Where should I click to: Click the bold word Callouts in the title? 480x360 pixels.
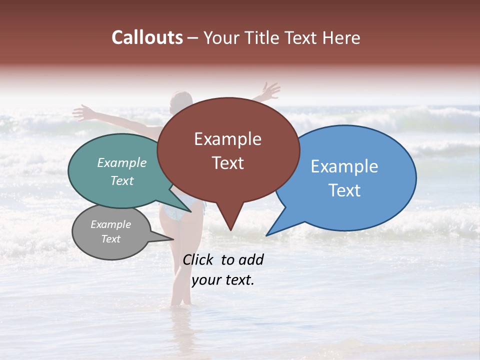[147, 37]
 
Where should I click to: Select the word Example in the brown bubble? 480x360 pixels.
[227, 139]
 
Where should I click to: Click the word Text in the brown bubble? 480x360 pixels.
[227, 163]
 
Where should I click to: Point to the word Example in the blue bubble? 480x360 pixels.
[344, 166]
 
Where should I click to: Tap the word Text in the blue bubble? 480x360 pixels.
[344, 190]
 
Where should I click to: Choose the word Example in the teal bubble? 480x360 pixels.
[122, 163]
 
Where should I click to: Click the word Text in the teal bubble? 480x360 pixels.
[122, 180]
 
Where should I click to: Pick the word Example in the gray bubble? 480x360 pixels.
[110, 224]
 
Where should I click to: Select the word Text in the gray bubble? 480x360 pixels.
[110, 239]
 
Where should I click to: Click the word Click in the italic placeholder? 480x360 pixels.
[198, 259]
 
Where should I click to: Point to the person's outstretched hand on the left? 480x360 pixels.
[81, 112]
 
